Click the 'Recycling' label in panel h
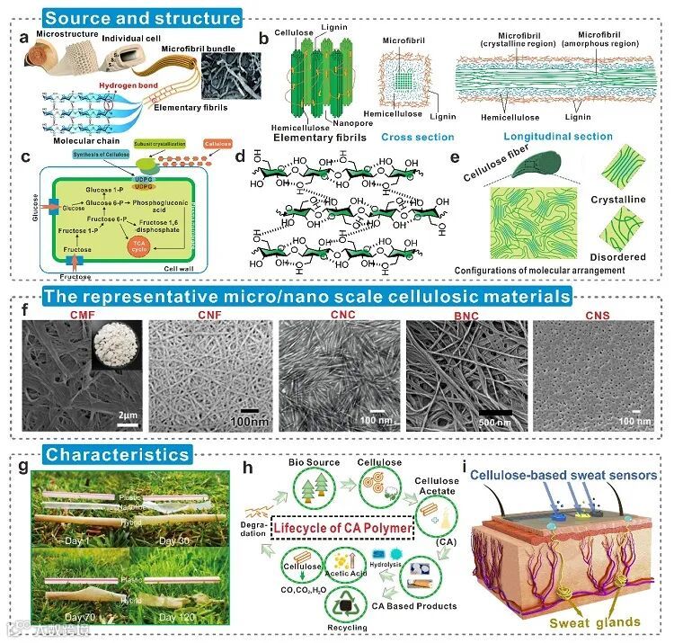coord(346,627)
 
